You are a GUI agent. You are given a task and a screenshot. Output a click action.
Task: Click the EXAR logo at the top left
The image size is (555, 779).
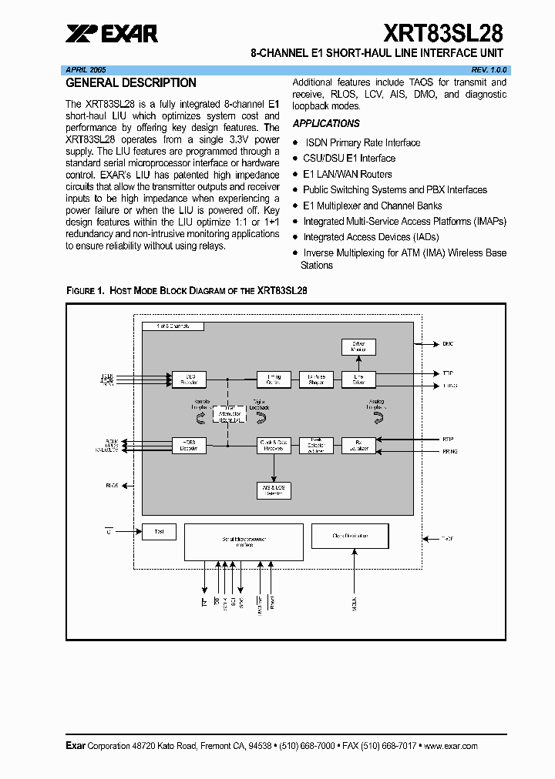112,33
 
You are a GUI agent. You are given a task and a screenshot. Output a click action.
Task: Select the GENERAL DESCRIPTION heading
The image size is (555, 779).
131,83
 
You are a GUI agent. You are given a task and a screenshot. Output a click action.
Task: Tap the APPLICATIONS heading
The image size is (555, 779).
326,123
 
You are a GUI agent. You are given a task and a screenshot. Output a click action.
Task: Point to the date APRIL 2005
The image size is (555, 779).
86,69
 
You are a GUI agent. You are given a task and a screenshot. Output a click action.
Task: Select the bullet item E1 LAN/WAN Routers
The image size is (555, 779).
347,174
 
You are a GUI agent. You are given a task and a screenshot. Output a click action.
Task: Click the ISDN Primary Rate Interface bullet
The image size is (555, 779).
362,142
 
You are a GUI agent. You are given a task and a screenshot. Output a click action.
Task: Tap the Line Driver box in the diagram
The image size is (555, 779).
358,379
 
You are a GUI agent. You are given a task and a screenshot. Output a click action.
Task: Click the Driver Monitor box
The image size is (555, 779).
358,346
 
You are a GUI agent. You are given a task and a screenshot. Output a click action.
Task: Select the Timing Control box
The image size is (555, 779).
274,379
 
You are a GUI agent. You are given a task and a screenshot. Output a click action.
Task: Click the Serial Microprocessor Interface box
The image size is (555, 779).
244,542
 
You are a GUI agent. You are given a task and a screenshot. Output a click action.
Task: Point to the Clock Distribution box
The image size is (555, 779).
349,536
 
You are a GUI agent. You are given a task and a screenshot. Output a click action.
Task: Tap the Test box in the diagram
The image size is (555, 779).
159,531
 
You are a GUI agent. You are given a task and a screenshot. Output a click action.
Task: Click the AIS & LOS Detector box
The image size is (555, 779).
274,490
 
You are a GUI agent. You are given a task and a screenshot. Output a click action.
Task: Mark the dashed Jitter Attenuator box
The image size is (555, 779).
228,416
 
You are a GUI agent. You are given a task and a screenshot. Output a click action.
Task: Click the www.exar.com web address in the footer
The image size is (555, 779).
450,746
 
